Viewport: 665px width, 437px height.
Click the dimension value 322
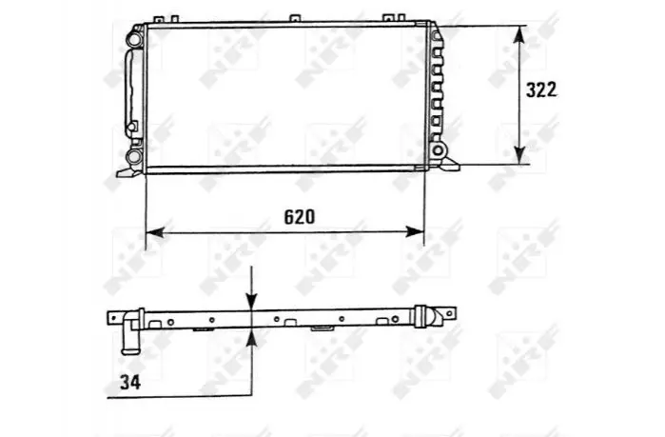(540, 89)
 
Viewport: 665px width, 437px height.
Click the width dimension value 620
(300, 217)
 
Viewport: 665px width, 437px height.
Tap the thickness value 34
(130, 383)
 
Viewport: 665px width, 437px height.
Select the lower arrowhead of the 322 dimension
(519, 154)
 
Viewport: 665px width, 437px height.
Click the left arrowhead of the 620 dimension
(155, 232)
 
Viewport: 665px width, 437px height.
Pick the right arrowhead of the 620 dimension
(415, 231)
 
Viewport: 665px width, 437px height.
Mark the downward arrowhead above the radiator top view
(252, 301)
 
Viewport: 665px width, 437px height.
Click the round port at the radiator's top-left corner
(134, 39)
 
